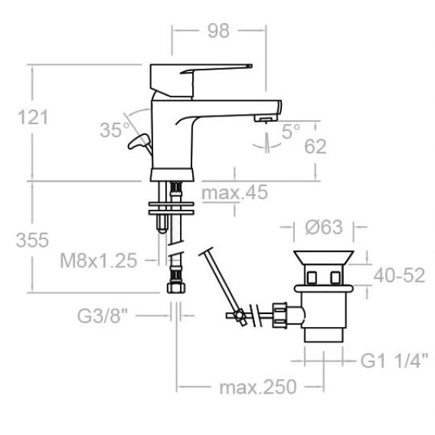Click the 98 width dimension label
click(218, 31)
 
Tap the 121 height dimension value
click(33, 117)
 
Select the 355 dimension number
click(32, 240)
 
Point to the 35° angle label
click(115, 130)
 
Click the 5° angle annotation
click(291, 131)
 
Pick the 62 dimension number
click(316, 146)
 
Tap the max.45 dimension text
click(234, 192)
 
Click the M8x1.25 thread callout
click(99, 260)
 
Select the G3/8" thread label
click(103, 316)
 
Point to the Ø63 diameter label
click(324, 227)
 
